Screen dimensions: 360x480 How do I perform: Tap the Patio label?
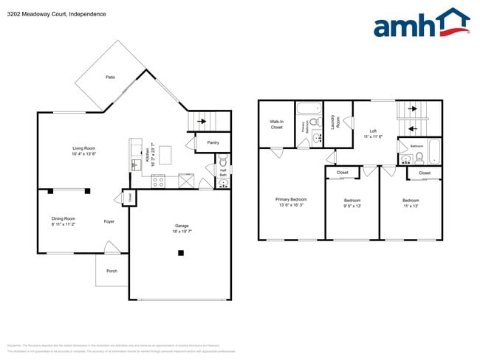tap(110, 77)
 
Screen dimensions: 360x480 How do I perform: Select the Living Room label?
tap(83, 148)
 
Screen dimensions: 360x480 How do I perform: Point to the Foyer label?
tap(109, 221)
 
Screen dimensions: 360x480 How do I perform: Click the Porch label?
tap(112, 271)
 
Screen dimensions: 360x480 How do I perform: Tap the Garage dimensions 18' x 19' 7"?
tap(182, 232)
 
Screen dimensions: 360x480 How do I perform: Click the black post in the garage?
tap(181, 254)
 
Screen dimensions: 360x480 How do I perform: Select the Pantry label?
tap(213, 142)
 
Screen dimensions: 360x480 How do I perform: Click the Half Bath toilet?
tap(223, 159)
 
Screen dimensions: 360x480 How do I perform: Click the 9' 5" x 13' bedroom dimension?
tap(353, 207)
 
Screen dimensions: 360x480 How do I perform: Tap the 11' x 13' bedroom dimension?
tap(411, 207)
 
